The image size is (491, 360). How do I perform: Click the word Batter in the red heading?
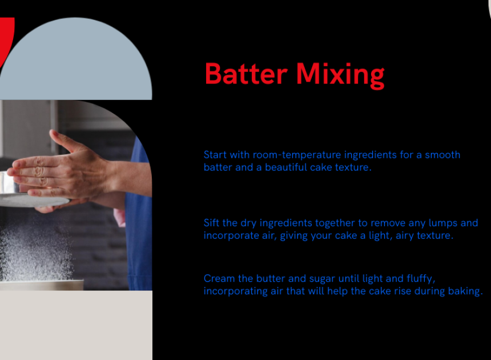[246, 74]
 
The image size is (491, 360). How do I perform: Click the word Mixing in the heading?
[340, 76]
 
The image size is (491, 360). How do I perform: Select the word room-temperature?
[297, 155]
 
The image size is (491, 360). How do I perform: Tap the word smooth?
[442, 155]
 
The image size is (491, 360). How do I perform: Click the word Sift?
[211, 223]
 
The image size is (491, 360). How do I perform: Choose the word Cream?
[219, 278]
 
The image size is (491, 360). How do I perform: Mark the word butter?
[271, 278]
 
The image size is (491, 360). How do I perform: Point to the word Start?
[215, 155]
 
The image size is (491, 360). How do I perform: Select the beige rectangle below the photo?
[76, 325]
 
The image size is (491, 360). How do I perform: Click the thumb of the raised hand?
[62, 141]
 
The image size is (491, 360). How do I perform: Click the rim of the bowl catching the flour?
[42, 282]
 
